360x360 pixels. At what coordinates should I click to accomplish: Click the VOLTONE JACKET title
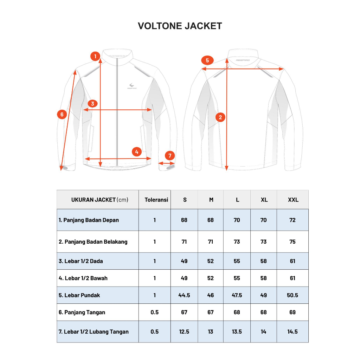tap(180, 26)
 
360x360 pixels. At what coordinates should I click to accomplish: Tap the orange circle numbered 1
tap(95, 56)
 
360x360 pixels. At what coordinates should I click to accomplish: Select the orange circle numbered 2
tap(220, 117)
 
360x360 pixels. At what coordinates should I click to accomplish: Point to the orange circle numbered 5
tap(207, 60)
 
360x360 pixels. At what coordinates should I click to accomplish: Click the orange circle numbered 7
tap(169, 155)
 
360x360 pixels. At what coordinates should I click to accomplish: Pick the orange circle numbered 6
tap(62, 114)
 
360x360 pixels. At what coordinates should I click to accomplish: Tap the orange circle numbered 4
tap(137, 152)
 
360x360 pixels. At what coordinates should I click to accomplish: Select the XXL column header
tap(293, 200)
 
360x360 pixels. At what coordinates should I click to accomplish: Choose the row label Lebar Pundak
tap(79, 295)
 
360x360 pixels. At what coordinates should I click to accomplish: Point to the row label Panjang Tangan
tap(82, 312)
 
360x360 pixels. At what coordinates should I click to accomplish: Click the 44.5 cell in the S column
tap(184, 295)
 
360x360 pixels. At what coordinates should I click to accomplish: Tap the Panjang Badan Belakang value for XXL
tap(292, 242)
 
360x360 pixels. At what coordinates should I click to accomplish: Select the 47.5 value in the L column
tap(237, 295)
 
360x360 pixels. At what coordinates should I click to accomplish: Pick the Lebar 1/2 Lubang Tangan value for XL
tap(264, 332)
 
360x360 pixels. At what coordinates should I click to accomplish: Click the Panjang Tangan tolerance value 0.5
tap(155, 312)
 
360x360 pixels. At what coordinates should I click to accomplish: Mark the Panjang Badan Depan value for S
tap(184, 220)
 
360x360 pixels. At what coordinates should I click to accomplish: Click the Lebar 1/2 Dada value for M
tap(211, 261)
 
